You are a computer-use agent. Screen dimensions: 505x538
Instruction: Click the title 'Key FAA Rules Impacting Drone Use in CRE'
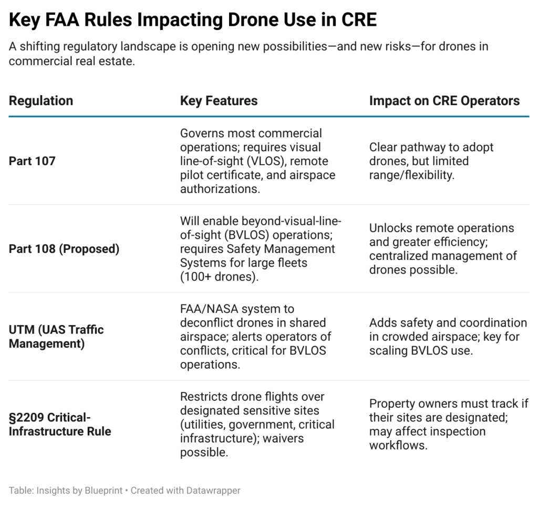point(192,20)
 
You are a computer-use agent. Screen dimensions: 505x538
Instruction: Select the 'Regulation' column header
point(41,100)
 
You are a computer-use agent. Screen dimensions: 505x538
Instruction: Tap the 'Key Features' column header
point(219,100)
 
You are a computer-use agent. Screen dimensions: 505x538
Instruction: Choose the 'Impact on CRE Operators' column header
point(444,100)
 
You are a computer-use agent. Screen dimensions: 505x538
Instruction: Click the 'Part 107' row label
point(32,161)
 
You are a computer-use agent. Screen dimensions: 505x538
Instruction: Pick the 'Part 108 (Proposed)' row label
point(64,249)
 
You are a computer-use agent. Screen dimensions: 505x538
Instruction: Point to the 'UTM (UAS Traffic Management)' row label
point(56,337)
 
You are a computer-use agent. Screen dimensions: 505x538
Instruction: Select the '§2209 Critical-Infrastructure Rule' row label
point(60,425)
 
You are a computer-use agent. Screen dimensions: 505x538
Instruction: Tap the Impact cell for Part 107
point(431,161)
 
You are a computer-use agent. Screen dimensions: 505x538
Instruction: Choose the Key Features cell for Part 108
point(261,249)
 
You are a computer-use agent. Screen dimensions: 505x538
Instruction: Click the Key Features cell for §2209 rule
point(257,425)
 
